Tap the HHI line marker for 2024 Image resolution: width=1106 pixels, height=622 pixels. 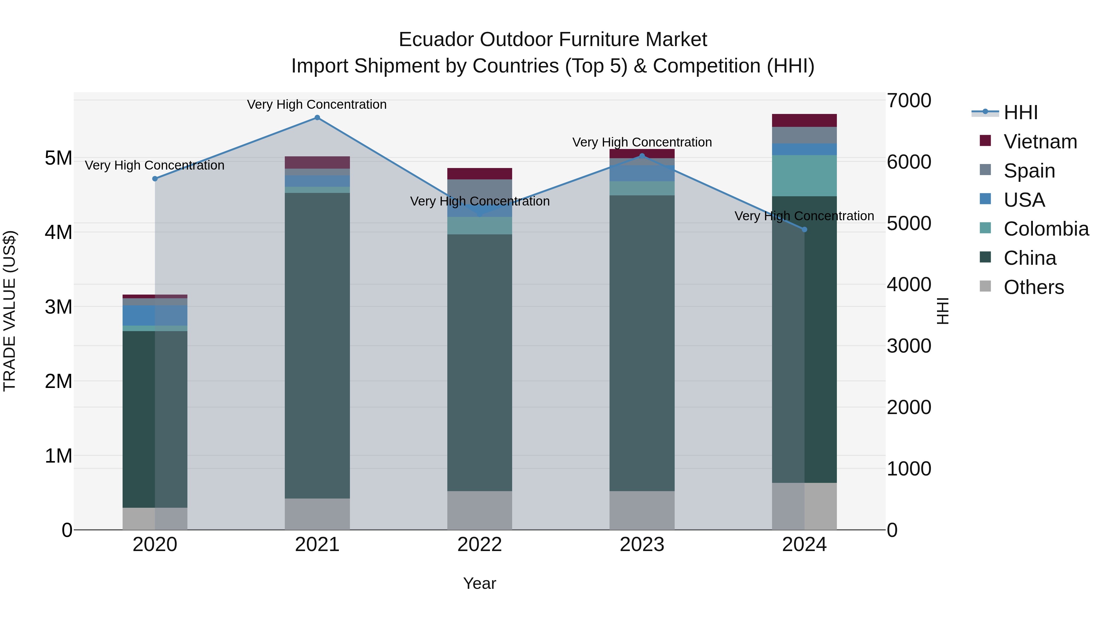pos(805,230)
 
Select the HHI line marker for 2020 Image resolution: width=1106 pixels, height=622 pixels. pos(155,178)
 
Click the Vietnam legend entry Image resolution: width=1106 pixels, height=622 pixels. pos(1040,142)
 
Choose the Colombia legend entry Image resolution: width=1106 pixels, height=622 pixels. pos(1046,229)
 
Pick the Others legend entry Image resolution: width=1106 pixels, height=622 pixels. pos(1033,287)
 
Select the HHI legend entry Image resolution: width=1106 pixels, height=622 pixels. pos(1021,112)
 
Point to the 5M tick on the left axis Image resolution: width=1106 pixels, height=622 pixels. pos(58,158)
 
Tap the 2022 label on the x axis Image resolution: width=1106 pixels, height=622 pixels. pos(480,545)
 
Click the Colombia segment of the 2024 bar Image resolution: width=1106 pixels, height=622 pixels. pos(805,176)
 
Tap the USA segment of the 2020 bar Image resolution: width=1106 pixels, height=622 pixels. pos(155,315)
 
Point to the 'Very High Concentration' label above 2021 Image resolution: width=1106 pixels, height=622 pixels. pos(317,104)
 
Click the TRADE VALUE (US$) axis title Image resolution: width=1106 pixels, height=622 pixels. pos(10,311)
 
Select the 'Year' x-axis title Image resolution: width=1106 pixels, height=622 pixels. pos(480,583)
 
